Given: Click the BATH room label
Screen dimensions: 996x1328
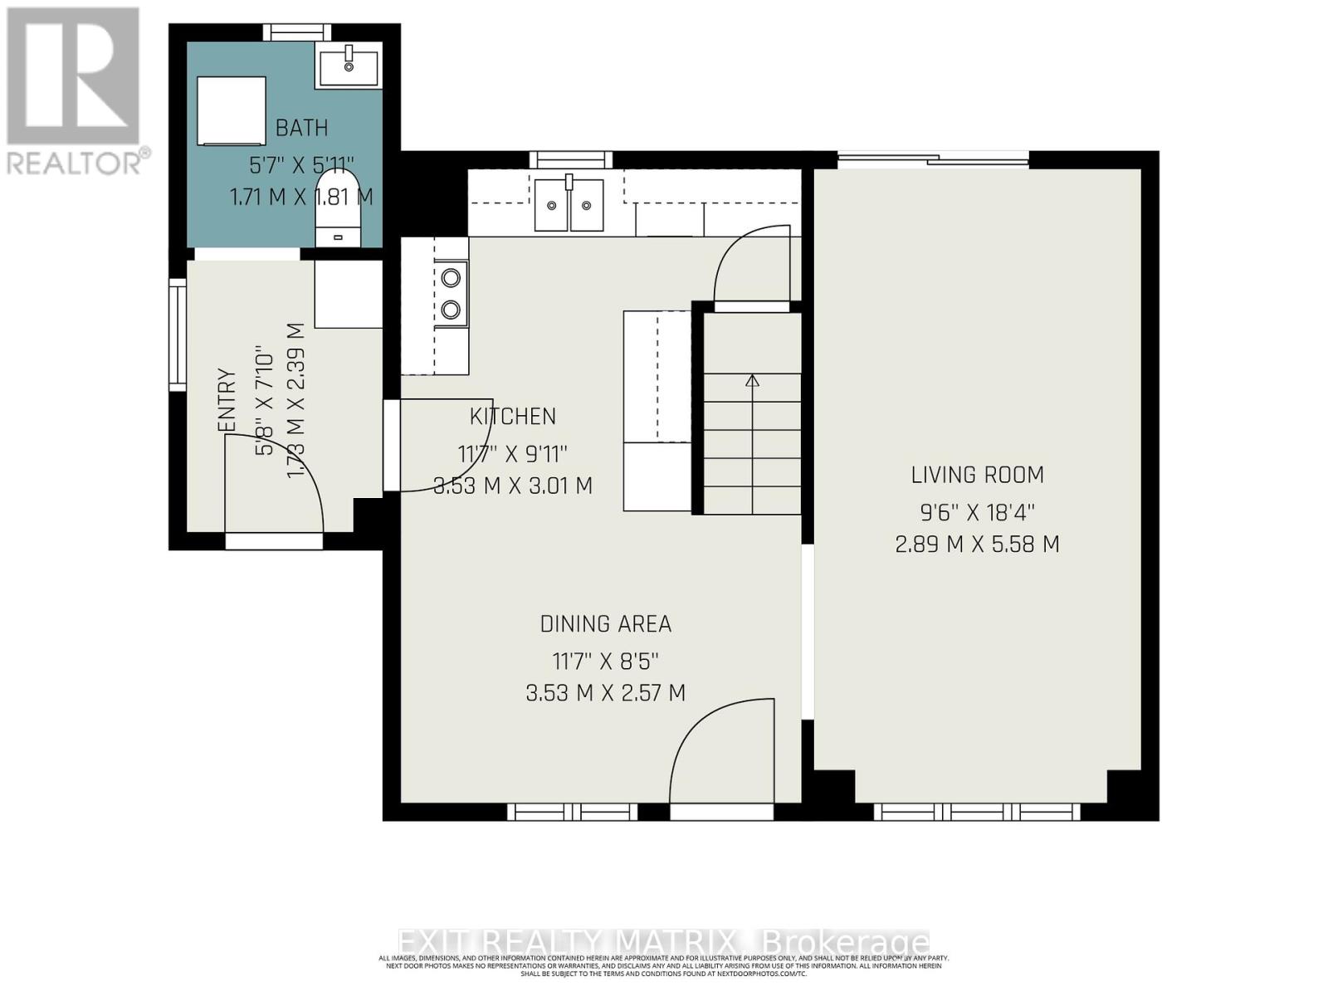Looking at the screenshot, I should [x=301, y=128].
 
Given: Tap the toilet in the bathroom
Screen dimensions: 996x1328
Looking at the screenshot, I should [x=338, y=212].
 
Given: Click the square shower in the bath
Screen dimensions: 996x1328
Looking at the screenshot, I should [x=232, y=110].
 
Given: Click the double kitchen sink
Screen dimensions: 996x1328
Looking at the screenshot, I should [x=569, y=204].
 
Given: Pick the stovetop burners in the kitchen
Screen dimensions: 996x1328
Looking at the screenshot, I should [x=451, y=293].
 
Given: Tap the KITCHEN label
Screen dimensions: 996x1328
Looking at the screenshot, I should [x=513, y=417].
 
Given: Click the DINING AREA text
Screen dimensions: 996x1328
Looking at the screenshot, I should [x=605, y=624].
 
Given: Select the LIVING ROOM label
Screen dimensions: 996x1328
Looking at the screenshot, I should [x=977, y=475].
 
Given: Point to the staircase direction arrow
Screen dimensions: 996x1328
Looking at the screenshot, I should [x=752, y=382].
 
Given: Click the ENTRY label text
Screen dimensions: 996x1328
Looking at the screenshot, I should [x=227, y=400].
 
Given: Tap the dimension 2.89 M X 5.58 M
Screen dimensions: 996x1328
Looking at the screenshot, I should [x=977, y=544].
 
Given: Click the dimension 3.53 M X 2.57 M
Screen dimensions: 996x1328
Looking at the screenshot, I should [x=605, y=693].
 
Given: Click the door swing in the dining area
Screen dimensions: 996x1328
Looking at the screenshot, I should [x=722, y=751].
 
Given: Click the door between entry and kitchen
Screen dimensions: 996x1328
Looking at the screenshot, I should [x=440, y=446].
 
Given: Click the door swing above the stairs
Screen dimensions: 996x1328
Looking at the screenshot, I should [x=751, y=266].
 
